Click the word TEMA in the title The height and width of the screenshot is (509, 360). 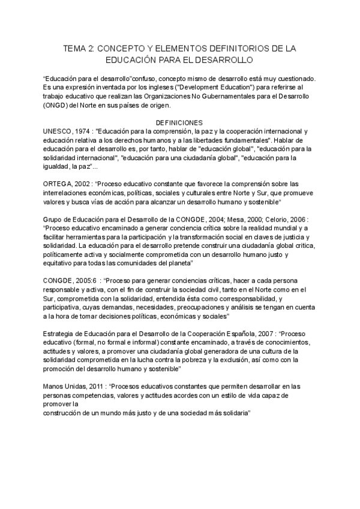[x=75, y=49]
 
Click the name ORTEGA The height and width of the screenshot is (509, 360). [x=58, y=183]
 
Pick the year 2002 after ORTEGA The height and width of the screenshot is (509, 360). [x=84, y=183]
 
